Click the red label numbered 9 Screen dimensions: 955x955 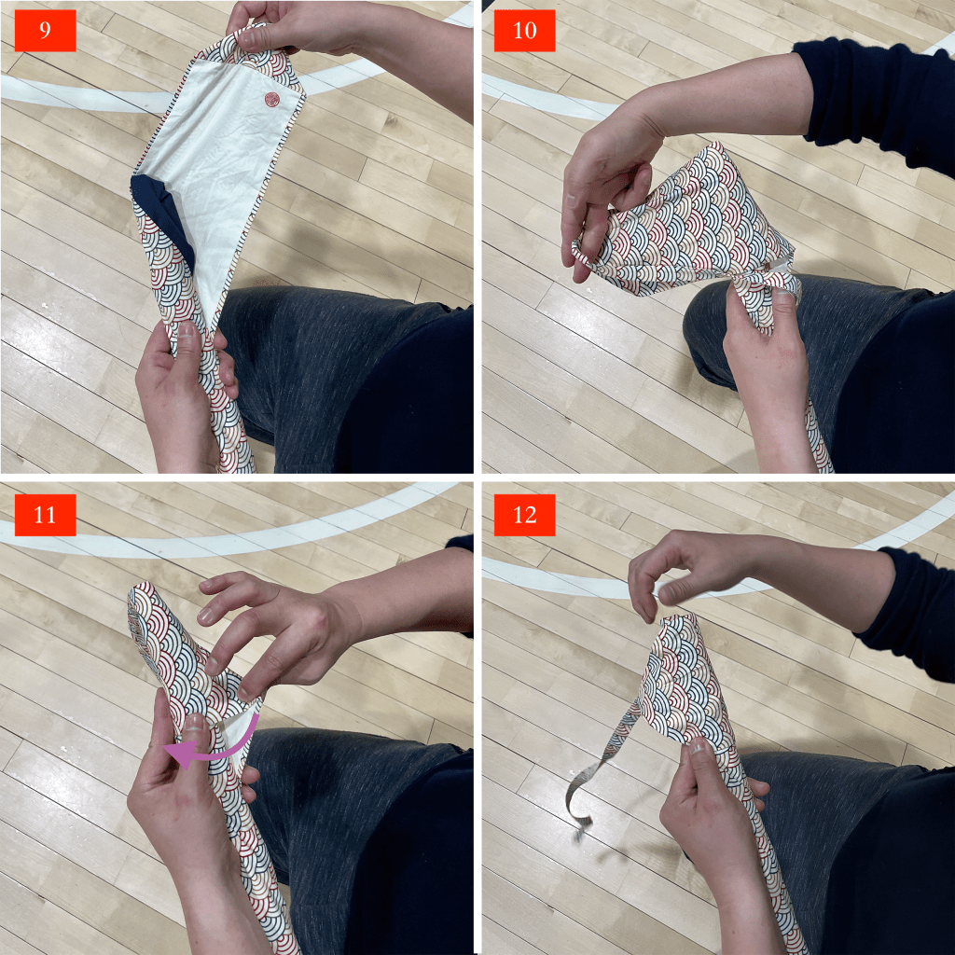tap(45, 31)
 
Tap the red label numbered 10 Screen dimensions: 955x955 tap(524, 31)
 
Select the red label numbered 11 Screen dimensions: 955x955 tap(45, 515)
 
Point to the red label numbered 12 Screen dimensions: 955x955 tap(524, 515)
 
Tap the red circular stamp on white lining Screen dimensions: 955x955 tap(270, 99)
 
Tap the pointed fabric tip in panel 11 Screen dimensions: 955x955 tap(137, 594)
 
